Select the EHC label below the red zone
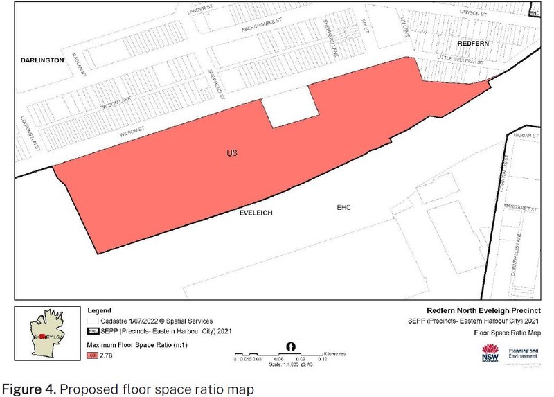tap(344, 207)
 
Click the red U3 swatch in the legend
tap(91, 355)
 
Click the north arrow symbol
tap(291, 346)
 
